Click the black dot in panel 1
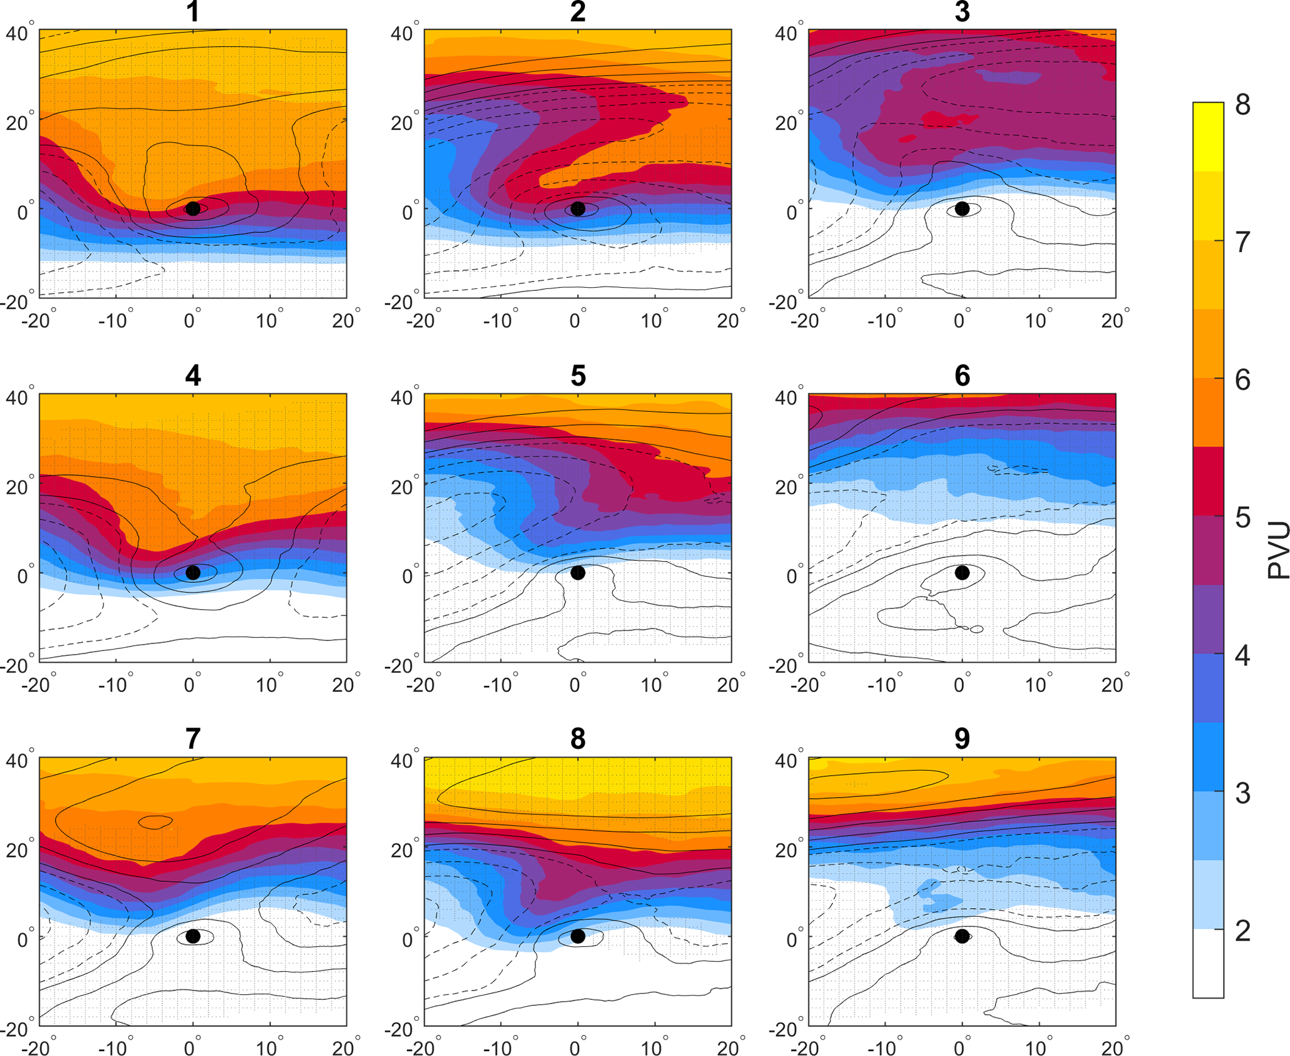click(x=193, y=208)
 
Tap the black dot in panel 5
click(x=578, y=572)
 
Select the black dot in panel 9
click(x=962, y=936)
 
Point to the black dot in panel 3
click(x=962, y=208)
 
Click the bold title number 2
click(x=578, y=12)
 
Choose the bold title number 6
click(x=962, y=376)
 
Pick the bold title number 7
click(x=193, y=739)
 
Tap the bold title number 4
click(x=193, y=376)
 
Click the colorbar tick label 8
click(x=1242, y=105)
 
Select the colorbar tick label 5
click(x=1242, y=518)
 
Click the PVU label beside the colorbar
click(x=1278, y=550)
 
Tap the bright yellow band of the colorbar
click(x=1208, y=136)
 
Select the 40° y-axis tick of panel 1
click(x=19, y=33)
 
